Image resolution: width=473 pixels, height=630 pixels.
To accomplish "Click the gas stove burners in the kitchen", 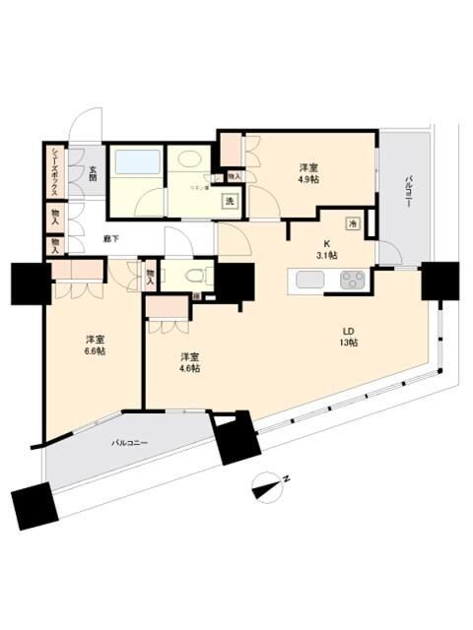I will point(353,280).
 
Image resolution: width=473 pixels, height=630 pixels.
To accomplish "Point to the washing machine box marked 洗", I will point(230,202).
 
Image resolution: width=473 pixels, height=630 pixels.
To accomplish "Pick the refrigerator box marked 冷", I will point(353,223).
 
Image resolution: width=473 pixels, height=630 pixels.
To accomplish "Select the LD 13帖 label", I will point(350,336).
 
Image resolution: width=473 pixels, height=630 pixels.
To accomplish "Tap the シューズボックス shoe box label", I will point(53,171).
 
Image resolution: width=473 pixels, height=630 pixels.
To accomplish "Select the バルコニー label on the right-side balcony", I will point(407,193).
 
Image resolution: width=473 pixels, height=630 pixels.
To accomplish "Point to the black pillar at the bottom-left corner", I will point(34,508).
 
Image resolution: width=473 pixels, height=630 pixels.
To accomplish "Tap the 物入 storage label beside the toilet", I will point(151,276).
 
